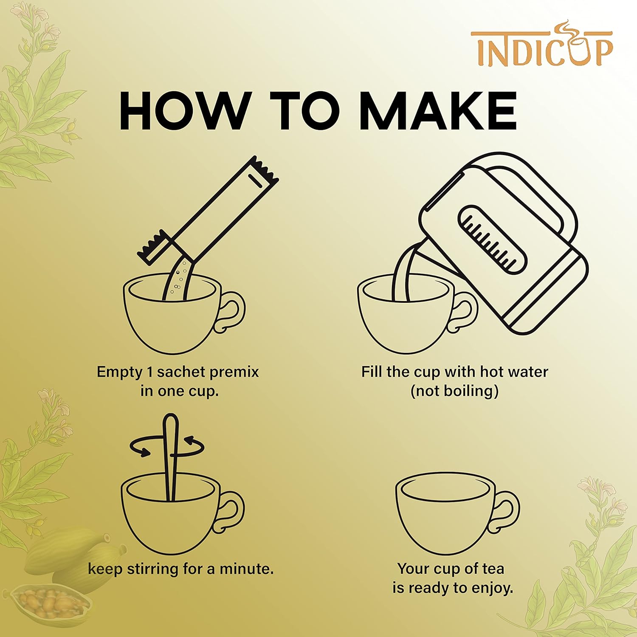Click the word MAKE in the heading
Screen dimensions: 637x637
438,111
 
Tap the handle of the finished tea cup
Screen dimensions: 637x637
507,512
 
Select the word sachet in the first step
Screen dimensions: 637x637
182,372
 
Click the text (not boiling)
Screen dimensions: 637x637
454,391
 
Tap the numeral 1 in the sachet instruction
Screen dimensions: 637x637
149,372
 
